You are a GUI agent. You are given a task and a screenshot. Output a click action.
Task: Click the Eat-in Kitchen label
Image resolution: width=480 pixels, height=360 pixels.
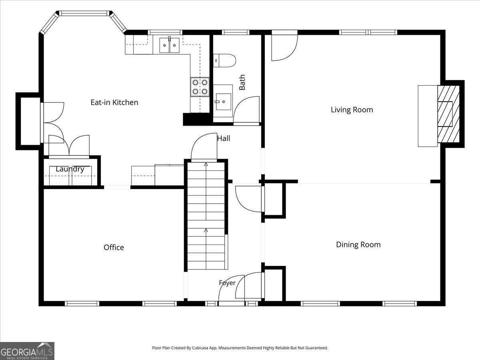pyautogui.click(x=114, y=102)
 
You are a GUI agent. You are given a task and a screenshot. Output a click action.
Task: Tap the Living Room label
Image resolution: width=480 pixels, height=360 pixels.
pyautogui.click(x=352, y=110)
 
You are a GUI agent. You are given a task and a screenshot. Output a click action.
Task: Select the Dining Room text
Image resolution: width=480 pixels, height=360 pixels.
pyautogui.click(x=358, y=244)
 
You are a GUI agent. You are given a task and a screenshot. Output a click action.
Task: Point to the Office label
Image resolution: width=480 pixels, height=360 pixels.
pyautogui.click(x=114, y=247)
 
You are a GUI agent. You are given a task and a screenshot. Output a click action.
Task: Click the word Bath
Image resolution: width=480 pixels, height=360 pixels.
pyautogui.click(x=242, y=82)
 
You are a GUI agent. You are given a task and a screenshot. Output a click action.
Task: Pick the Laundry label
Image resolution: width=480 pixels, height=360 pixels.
pyautogui.click(x=70, y=169)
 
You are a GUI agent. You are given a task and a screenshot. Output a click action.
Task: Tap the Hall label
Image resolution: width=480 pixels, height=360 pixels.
pyautogui.click(x=224, y=138)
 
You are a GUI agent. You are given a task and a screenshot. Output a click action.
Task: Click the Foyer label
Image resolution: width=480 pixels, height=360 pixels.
pyautogui.click(x=227, y=283)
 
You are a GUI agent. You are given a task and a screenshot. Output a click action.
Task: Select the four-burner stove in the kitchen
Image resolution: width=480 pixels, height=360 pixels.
pyautogui.click(x=200, y=87)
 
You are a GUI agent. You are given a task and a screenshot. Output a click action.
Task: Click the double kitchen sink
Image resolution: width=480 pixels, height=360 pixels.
pyautogui.click(x=170, y=45)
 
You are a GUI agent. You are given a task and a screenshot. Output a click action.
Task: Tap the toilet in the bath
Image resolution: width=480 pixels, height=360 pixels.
pyautogui.click(x=224, y=60)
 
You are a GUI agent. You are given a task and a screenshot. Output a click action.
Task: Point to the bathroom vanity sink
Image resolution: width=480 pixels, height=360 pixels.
pyautogui.click(x=223, y=102)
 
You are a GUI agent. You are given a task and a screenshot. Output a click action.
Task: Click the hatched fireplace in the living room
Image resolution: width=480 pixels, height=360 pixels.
pyautogui.click(x=448, y=114)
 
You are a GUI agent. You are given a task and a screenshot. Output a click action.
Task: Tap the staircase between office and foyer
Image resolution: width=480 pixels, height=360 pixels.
pyautogui.click(x=206, y=216)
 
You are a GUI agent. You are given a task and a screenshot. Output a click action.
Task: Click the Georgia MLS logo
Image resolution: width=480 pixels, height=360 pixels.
pyautogui.click(x=27, y=351)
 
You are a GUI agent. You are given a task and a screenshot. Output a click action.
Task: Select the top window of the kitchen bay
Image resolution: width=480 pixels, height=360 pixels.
pyautogui.click(x=84, y=13)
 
